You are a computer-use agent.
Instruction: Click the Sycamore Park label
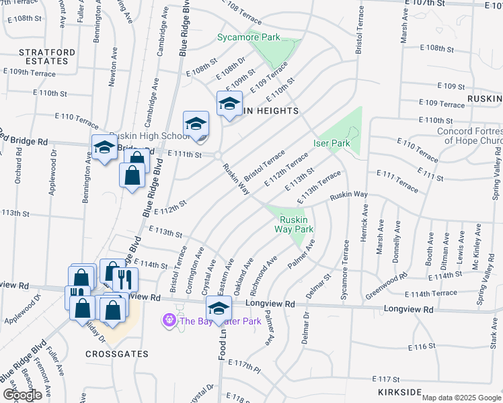click(x=248, y=38)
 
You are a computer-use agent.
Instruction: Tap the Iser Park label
click(x=332, y=143)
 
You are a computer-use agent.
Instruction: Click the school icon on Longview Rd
click(x=219, y=309)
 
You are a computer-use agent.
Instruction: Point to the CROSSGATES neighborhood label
click(x=112, y=353)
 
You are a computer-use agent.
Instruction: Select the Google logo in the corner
click(x=22, y=394)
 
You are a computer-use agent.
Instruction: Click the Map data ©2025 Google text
click(x=461, y=398)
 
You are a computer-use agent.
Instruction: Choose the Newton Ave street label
click(x=112, y=67)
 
